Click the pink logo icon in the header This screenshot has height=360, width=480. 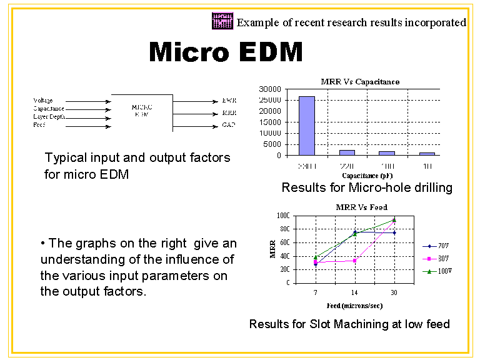click(x=222, y=21)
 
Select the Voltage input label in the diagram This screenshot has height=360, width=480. click(x=43, y=101)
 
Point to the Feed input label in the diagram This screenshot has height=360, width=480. click(x=39, y=125)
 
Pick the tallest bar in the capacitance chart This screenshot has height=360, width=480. click(x=306, y=126)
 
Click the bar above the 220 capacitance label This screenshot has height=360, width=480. click(x=347, y=152)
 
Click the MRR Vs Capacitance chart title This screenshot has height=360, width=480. click(x=360, y=81)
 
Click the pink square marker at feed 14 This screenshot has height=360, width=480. click(x=355, y=260)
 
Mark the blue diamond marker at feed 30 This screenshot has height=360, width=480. click(x=394, y=232)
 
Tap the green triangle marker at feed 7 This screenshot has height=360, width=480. click(x=316, y=257)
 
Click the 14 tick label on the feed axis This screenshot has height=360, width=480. click(x=355, y=292)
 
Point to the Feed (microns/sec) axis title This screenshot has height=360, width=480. click(x=354, y=306)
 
